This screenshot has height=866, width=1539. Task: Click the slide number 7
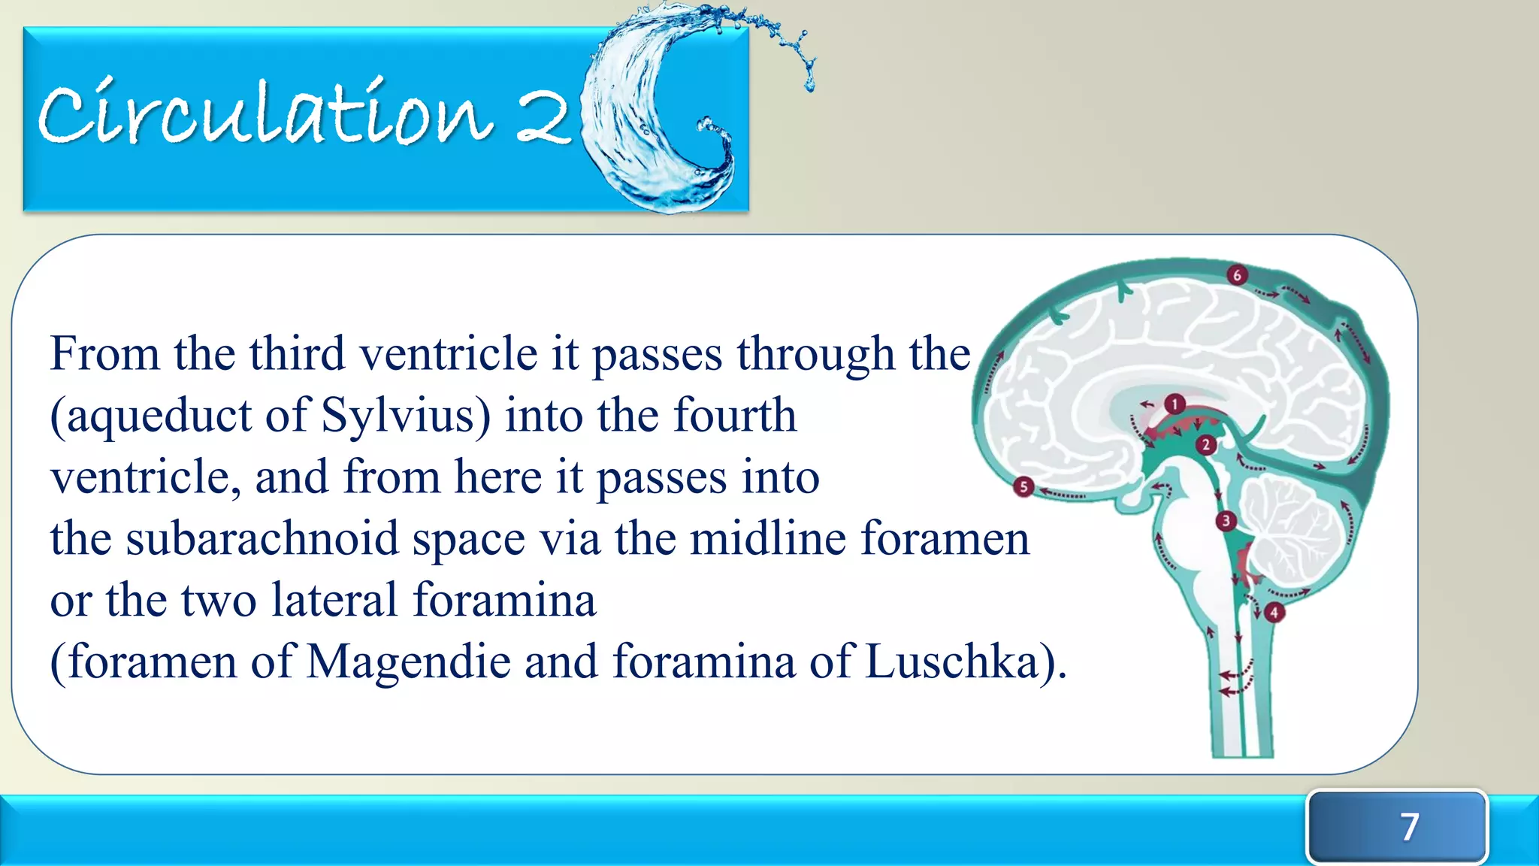[x=1409, y=826]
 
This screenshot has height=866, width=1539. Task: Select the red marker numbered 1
[x=1175, y=404]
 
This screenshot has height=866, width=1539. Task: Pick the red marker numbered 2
[x=1206, y=445]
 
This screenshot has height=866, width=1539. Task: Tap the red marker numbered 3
[x=1226, y=520]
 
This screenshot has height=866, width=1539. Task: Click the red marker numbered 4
[x=1274, y=612]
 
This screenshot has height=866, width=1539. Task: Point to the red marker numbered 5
[x=1023, y=487]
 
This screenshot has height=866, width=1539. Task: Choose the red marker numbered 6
[x=1237, y=275]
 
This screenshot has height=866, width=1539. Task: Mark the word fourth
[x=734, y=416]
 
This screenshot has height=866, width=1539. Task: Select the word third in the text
[x=297, y=353]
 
